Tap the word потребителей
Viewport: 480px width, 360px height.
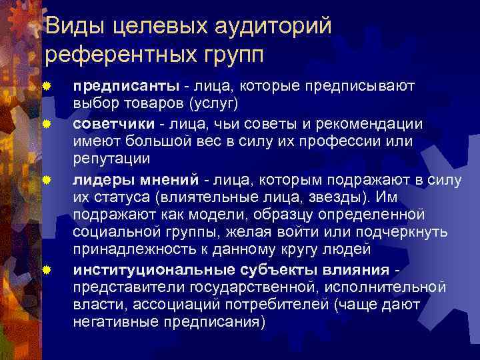[x=278, y=305]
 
